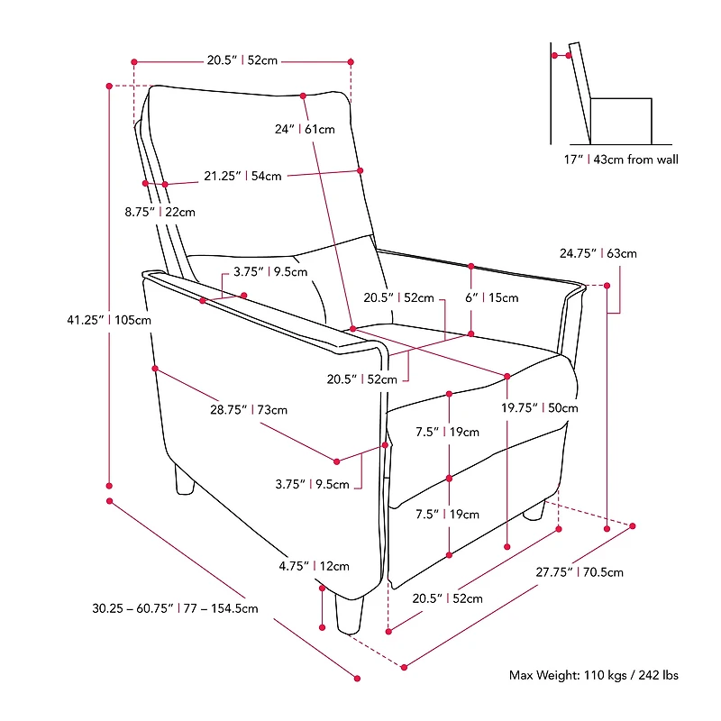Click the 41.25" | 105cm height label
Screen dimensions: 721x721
[x=109, y=320]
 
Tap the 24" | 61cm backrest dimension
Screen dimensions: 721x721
[x=305, y=129]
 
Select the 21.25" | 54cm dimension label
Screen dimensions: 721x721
[x=242, y=176]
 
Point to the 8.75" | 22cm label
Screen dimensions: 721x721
[x=160, y=212]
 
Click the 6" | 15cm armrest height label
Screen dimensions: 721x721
[x=491, y=297]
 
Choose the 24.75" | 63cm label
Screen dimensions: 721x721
[x=598, y=253]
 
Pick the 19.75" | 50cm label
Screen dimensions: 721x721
[x=539, y=408]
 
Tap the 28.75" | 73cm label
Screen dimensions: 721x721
[x=249, y=410]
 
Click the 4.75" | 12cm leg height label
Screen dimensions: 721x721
[x=314, y=566]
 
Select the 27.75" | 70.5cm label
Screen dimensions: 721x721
[x=580, y=572]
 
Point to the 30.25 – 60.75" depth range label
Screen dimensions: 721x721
[x=175, y=608]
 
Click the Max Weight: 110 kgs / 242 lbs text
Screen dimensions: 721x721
[x=594, y=675]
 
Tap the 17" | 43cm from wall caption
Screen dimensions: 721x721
[x=621, y=160]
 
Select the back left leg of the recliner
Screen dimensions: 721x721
[x=185, y=480]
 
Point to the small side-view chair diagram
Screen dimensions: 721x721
[x=611, y=94]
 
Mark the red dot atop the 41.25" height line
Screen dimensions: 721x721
[x=109, y=86]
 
